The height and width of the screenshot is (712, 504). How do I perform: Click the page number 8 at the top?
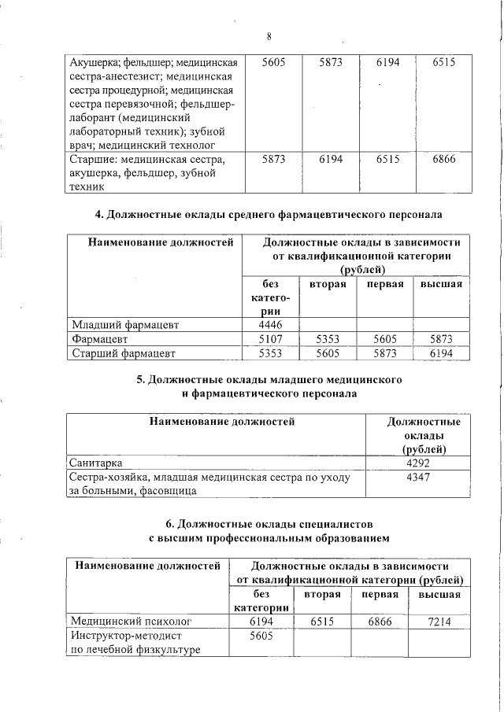click(269, 37)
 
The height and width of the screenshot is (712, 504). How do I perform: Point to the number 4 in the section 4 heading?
click(98, 214)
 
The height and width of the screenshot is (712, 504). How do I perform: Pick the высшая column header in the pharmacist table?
click(441, 284)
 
